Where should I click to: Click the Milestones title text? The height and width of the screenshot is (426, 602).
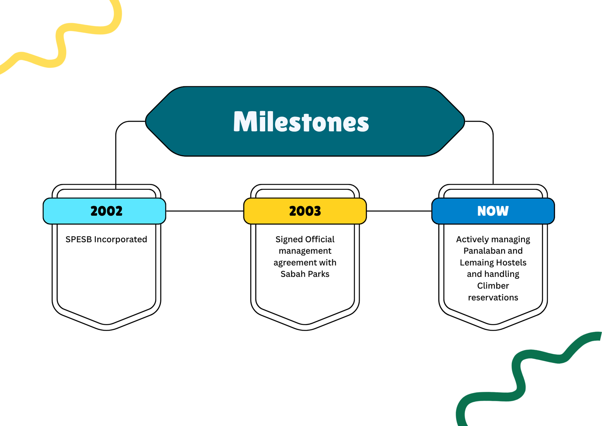pyautogui.click(x=301, y=122)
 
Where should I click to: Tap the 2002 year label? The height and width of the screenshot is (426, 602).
pyautogui.click(x=106, y=211)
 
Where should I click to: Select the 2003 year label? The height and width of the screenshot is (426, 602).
pyautogui.click(x=305, y=211)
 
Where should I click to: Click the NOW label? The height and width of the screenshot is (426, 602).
pyautogui.click(x=493, y=211)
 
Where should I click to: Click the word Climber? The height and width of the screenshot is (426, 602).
pyautogui.click(x=493, y=286)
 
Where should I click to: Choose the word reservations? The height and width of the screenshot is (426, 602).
pyautogui.click(x=493, y=298)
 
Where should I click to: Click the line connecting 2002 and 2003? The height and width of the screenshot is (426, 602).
pyautogui.click(x=205, y=211)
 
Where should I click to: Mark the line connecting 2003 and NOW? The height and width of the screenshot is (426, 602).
pyautogui.click(x=399, y=211)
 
